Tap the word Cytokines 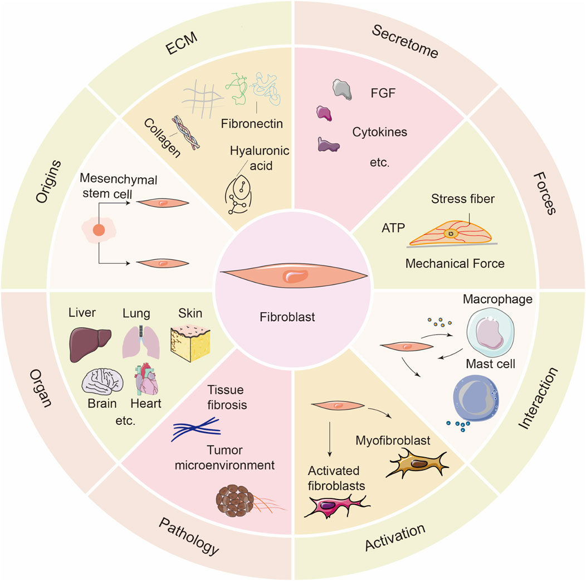379,132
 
